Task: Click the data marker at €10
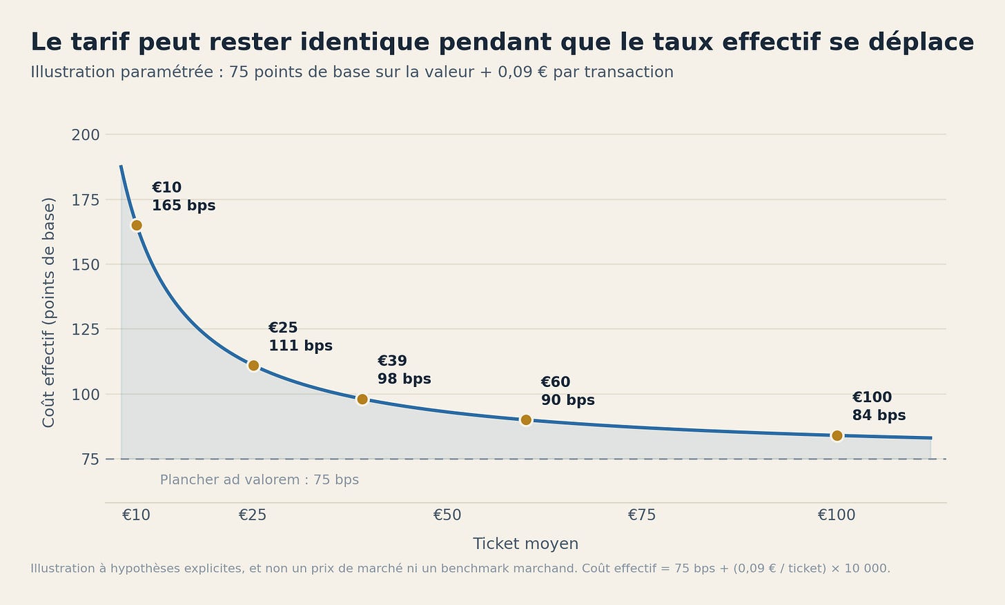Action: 137,225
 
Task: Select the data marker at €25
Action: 253,366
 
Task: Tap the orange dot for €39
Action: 362,399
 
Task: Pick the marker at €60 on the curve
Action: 526,420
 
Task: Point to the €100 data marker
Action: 837,435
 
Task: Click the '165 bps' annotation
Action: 184,206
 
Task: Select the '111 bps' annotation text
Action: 301,346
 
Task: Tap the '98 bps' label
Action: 404,379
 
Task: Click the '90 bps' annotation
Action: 568,400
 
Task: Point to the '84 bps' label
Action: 879,415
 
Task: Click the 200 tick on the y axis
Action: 86,135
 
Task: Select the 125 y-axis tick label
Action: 86,330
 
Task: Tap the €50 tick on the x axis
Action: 447,515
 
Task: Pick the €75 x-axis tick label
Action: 642,515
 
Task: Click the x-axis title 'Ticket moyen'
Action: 526,544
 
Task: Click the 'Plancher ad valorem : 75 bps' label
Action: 260,480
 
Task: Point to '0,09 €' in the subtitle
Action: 523,72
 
